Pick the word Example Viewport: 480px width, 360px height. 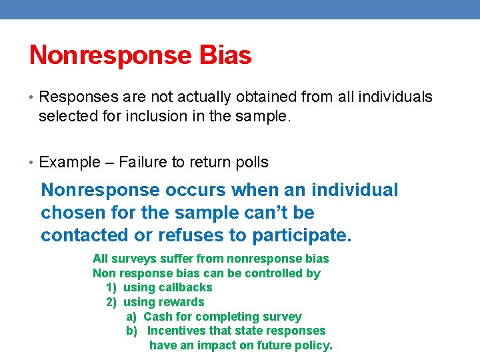(x=67, y=162)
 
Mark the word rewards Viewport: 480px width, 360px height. (x=181, y=302)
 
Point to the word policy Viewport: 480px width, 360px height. (x=313, y=345)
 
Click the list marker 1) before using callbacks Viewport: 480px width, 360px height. (x=111, y=287)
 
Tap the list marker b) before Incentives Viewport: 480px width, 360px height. (x=132, y=331)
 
